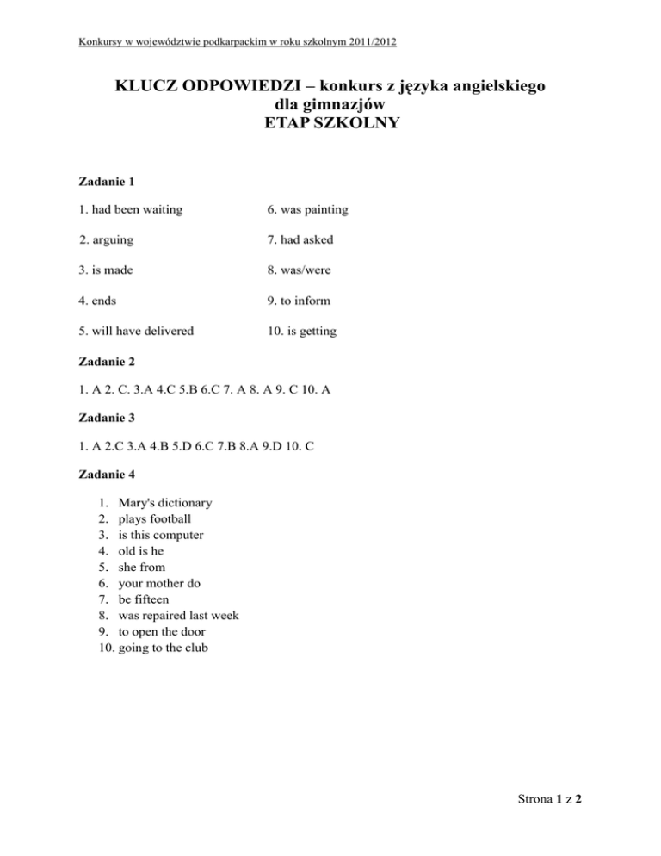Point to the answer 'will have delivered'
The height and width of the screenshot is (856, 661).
tap(137, 331)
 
